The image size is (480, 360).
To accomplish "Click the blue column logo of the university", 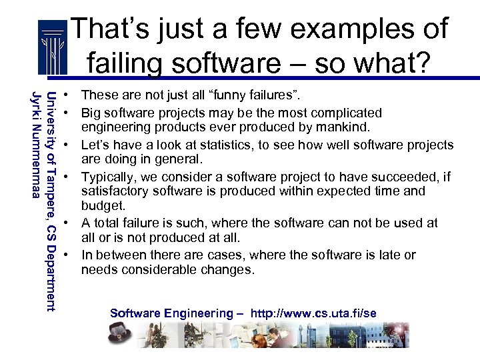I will pyautogui.click(x=53, y=48).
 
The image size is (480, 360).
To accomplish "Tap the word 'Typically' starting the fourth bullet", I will pyautogui.click(x=107, y=177).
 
